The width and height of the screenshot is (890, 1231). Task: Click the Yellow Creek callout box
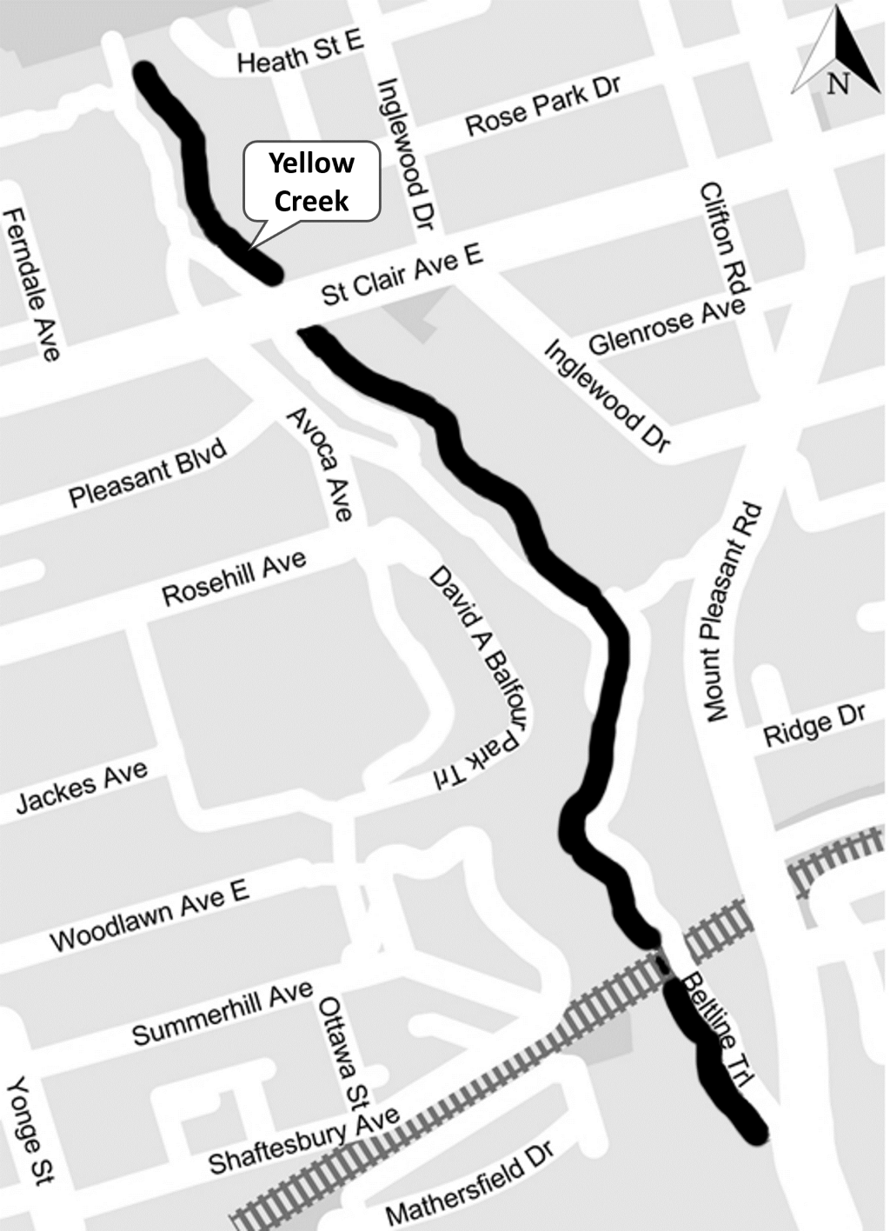pyautogui.click(x=311, y=182)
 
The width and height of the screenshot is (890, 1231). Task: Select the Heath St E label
pyautogui.click(x=300, y=54)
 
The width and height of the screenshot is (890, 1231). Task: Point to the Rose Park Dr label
pyautogui.click(x=543, y=106)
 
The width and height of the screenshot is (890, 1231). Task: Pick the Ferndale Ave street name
pyautogui.click(x=34, y=285)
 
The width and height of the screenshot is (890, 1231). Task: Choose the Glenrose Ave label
pyautogui.click(x=667, y=325)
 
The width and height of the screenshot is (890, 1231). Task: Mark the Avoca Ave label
pyautogui.click(x=321, y=464)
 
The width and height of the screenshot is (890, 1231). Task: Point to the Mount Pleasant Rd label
pyautogui.click(x=734, y=612)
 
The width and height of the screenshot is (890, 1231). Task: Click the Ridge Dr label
pyautogui.click(x=814, y=724)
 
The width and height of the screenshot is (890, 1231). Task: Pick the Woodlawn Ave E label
pyautogui.click(x=149, y=915)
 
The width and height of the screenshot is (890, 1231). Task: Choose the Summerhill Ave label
pyautogui.click(x=222, y=1013)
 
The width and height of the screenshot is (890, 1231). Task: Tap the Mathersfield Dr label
pyautogui.click(x=469, y=1189)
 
